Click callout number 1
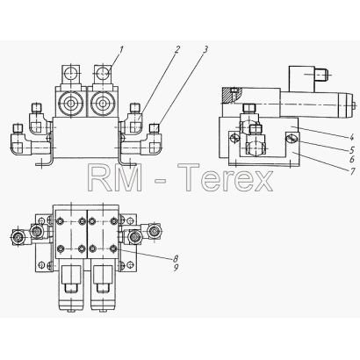tap(120, 51)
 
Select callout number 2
tap(176, 50)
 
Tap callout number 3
tap(205, 49)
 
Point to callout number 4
tap(352, 135)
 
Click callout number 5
tap(352, 150)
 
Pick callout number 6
tap(352, 159)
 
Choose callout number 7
tap(353, 171)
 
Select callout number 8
tap(176, 258)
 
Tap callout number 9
tap(176, 268)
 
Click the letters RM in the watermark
tap(114, 177)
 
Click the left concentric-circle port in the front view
tap(70, 103)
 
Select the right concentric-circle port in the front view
tap(103, 103)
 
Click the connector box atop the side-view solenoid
tap(302, 79)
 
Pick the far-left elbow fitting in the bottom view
tap(18, 236)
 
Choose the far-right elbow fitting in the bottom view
tap(154, 230)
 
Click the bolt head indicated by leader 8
tap(114, 248)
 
